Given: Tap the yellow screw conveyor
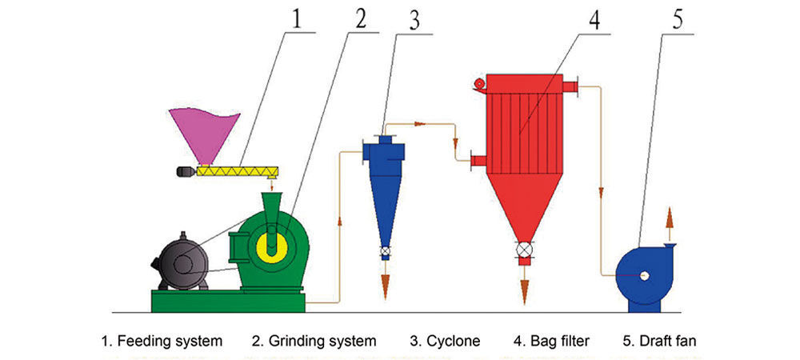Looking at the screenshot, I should [238, 170].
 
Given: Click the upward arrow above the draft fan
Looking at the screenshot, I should [670, 218].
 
